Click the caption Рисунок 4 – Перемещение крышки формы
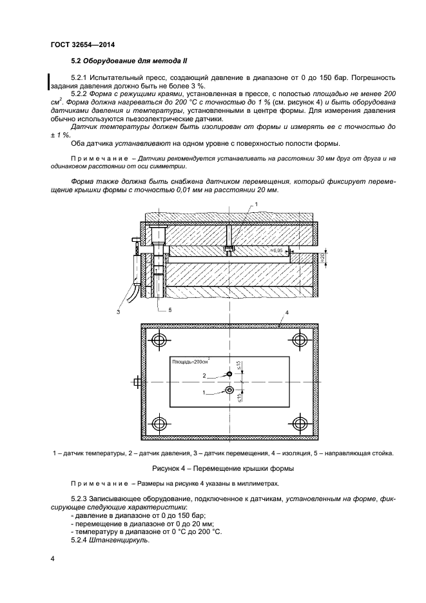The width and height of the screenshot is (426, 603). point(222,467)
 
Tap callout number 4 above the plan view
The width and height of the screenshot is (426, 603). point(286,312)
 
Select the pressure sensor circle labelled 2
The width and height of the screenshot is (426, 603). point(230,374)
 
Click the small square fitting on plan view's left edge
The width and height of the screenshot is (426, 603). point(137,382)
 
